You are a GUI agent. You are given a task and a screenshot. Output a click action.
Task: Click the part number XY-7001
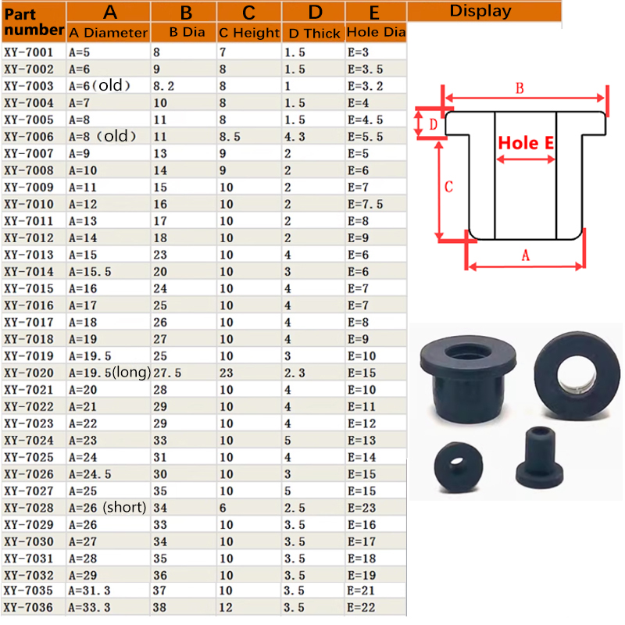(29, 52)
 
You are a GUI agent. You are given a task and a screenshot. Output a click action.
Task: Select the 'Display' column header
(480, 11)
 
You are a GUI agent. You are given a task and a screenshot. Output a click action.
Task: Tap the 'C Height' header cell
(249, 33)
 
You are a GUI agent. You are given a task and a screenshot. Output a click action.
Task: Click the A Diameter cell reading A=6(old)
(100, 86)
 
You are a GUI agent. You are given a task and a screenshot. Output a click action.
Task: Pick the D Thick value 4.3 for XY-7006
(295, 137)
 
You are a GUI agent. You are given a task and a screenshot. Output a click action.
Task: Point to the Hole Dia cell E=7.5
(365, 204)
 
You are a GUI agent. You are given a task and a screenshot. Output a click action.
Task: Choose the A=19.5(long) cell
(109, 373)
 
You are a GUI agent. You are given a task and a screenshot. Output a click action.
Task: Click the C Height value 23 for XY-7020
(226, 373)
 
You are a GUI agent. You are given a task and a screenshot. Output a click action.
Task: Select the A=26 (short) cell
(108, 507)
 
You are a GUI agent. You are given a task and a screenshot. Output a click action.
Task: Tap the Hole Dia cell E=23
(362, 508)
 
